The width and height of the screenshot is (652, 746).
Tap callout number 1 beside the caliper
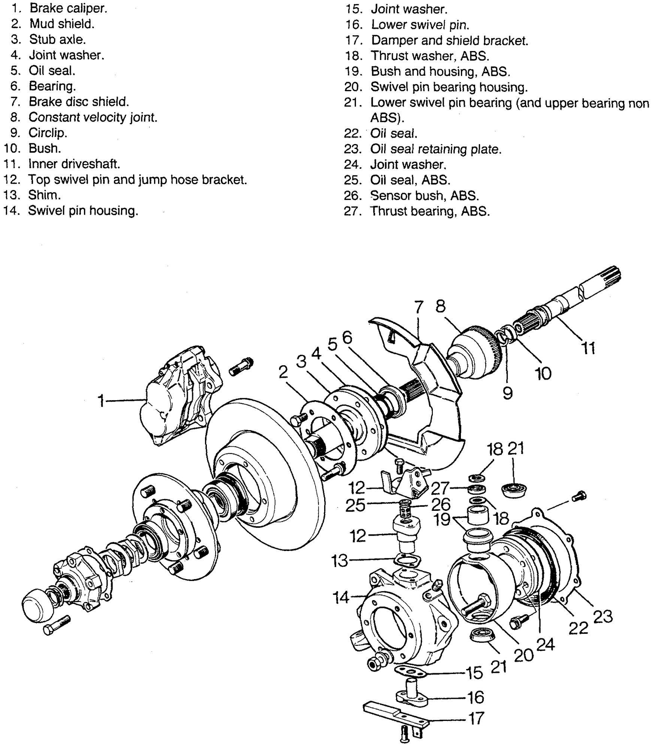tap(101, 401)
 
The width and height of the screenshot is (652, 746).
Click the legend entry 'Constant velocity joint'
tap(93, 117)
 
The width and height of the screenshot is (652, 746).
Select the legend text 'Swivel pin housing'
tap(83, 210)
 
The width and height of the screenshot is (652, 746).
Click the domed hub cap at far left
tap(39, 608)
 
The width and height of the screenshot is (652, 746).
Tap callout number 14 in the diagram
tap(341, 597)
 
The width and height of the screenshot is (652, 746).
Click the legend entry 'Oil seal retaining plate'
tap(435, 149)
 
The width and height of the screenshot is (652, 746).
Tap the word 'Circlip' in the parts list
tap(48, 133)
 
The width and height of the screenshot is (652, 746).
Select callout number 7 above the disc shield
tap(419, 308)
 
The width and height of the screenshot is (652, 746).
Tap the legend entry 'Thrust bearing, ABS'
tap(430, 211)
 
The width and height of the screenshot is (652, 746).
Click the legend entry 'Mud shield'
tap(62, 24)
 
